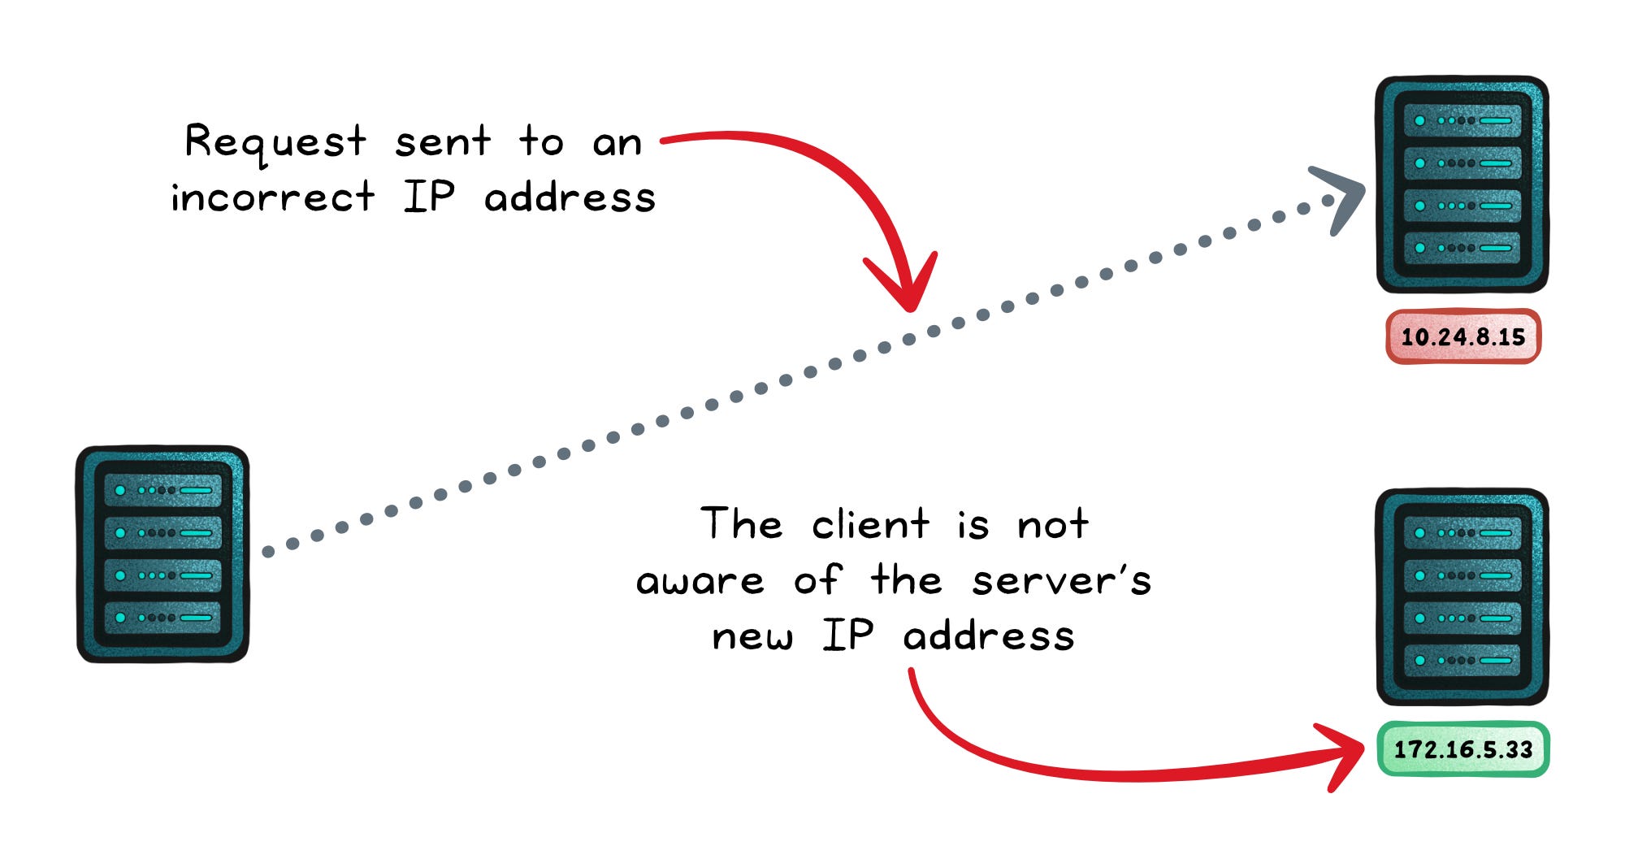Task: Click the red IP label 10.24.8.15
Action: tap(1462, 336)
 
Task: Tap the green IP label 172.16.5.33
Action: tap(1463, 749)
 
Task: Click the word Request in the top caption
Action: tap(275, 143)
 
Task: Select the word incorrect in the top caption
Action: tap(272, 197)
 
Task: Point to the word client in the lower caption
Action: tap(870, 524)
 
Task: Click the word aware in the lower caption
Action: tap(700, 581)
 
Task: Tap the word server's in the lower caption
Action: tap(1061, 581)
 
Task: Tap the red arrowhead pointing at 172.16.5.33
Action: tap(1345, 754)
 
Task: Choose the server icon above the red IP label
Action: tap(1462, 184)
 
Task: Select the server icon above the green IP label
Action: tap(1462, 597)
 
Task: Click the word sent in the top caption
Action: tap(443, 143)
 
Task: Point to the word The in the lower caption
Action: tap(742, 524)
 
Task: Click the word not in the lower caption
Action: tap(1053, 524)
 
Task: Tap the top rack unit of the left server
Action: tap(162, 490)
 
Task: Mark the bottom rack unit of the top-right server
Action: tap(1462, 247)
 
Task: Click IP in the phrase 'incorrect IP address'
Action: tap(429, 197)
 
